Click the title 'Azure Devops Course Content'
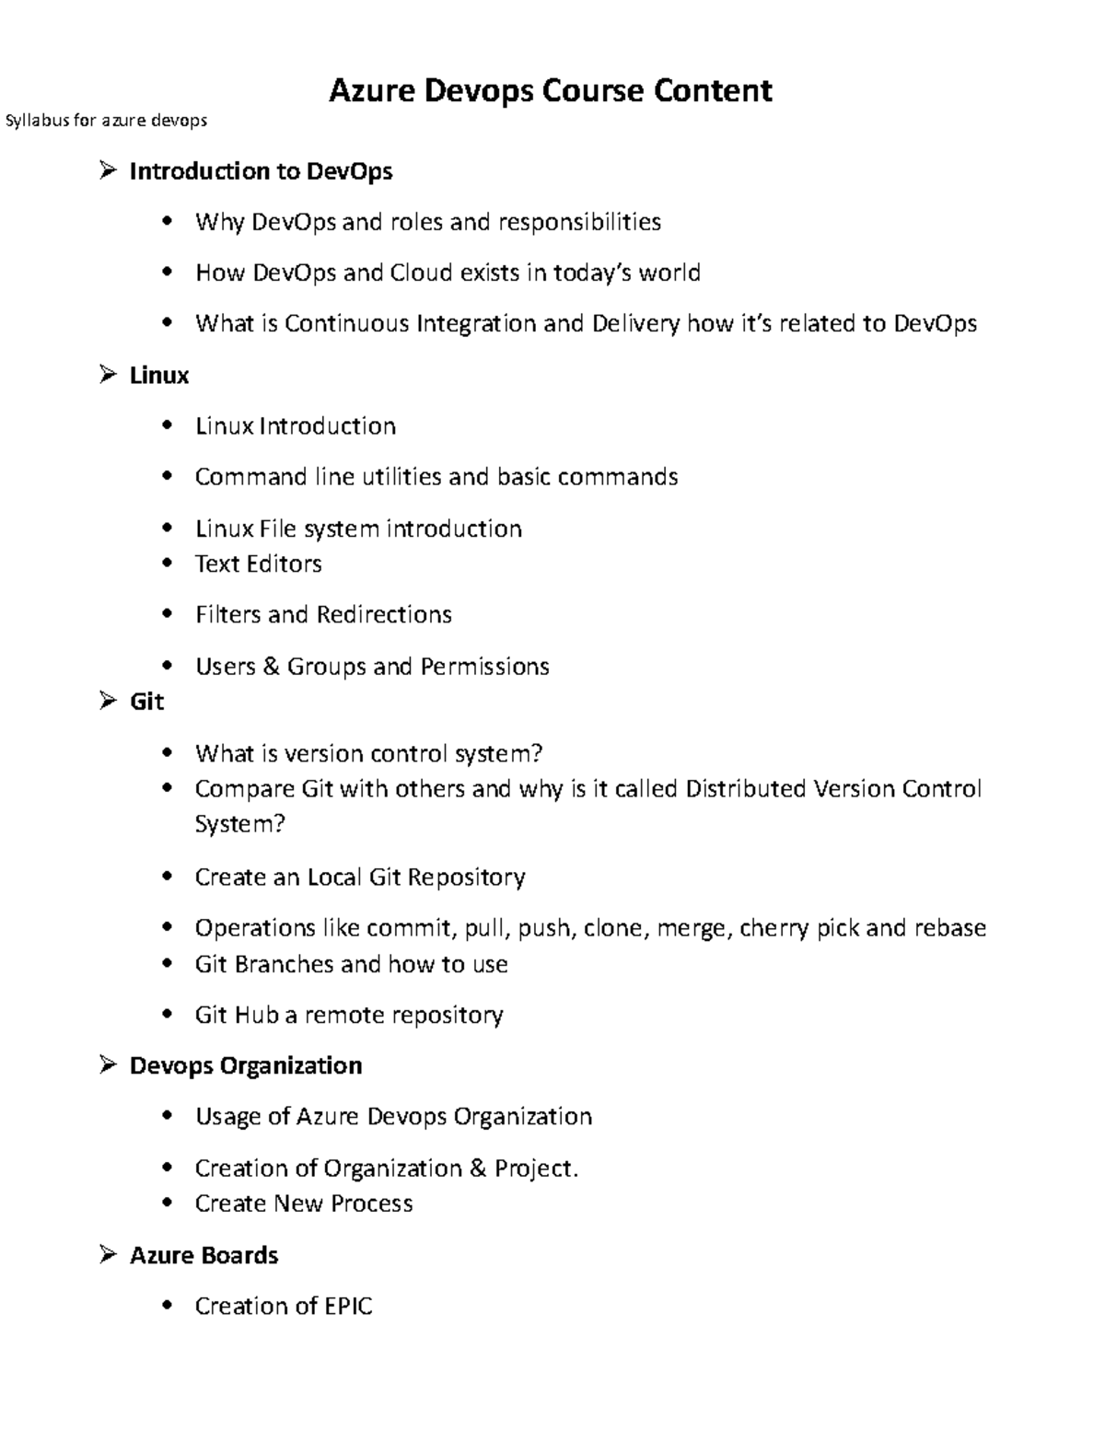551,90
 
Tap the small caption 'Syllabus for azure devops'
107,121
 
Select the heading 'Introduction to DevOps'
261,171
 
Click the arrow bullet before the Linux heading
109,374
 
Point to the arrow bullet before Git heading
109,701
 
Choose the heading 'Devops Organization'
246,1065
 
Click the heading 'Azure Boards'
204,1255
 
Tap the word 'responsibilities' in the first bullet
579,222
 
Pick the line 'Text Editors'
258,564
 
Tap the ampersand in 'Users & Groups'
271,666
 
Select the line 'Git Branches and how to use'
351,964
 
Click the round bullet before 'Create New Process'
167,1203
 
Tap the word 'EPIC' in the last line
348,1306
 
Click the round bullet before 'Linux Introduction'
167,425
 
